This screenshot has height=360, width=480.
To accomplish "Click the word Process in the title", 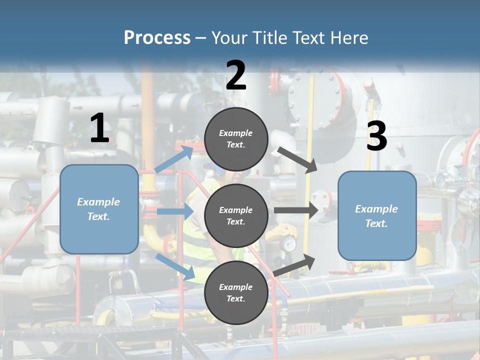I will point(157,37).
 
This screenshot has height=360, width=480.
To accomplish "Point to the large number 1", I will point(99,128).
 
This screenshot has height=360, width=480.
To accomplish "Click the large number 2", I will point(236,75).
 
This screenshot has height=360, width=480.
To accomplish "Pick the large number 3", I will point(376,136).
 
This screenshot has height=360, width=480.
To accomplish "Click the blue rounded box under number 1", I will point(99,209).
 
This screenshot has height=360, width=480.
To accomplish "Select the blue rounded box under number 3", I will point(377,215).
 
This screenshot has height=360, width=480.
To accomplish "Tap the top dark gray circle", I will point(236,139).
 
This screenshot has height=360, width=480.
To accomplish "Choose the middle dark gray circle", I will point(236,215).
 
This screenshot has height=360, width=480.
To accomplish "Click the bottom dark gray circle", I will point(236,292).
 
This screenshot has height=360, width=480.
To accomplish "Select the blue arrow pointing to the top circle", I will point(174,159).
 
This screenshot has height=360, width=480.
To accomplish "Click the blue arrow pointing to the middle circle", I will point(175,212).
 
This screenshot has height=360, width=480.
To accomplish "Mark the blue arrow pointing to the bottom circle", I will point(175,266).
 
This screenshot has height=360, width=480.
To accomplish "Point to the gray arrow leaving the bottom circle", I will point(294,264).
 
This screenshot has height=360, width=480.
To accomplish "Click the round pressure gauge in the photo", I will point(289,244).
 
